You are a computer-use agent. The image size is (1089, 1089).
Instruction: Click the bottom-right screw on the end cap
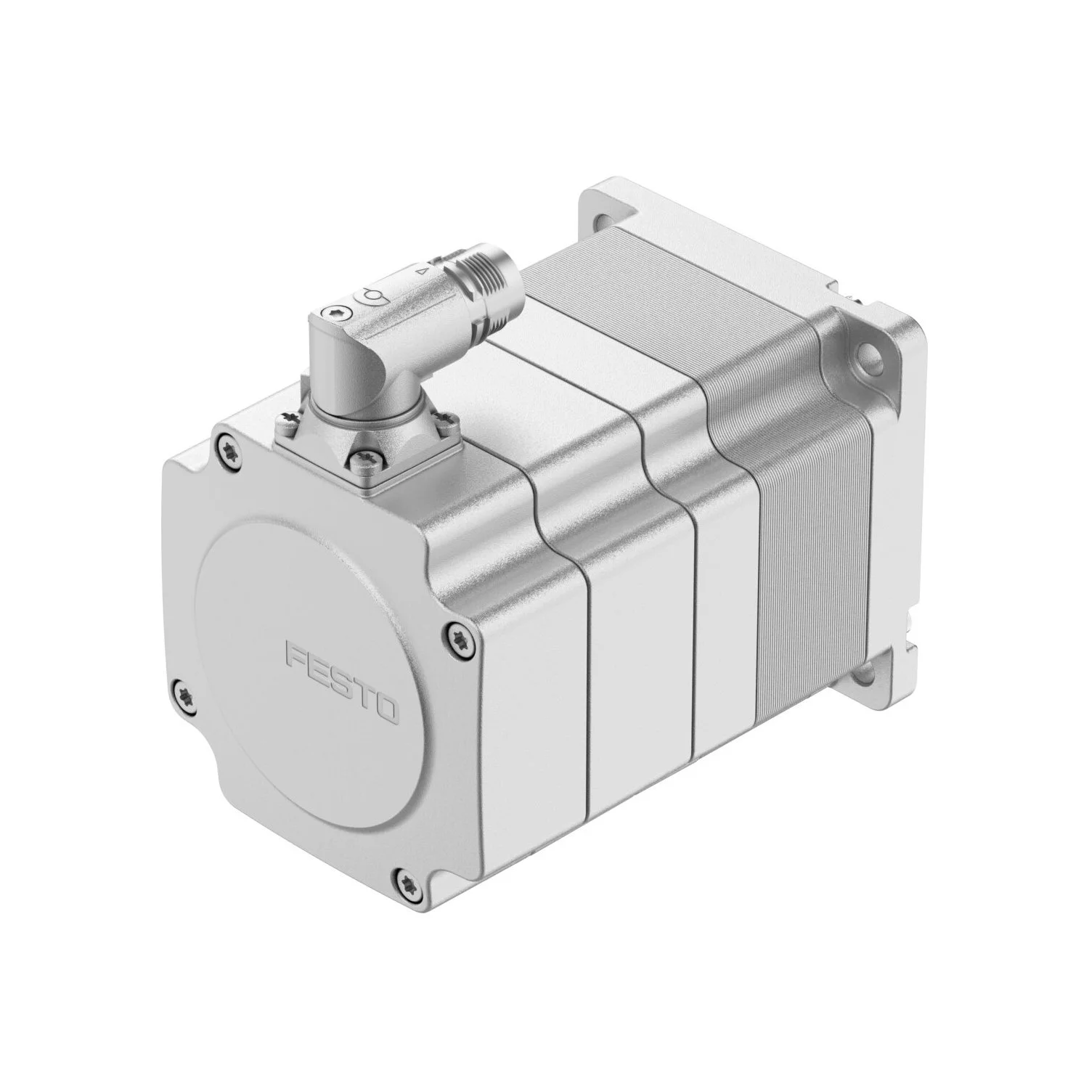[x=404, y=880]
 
